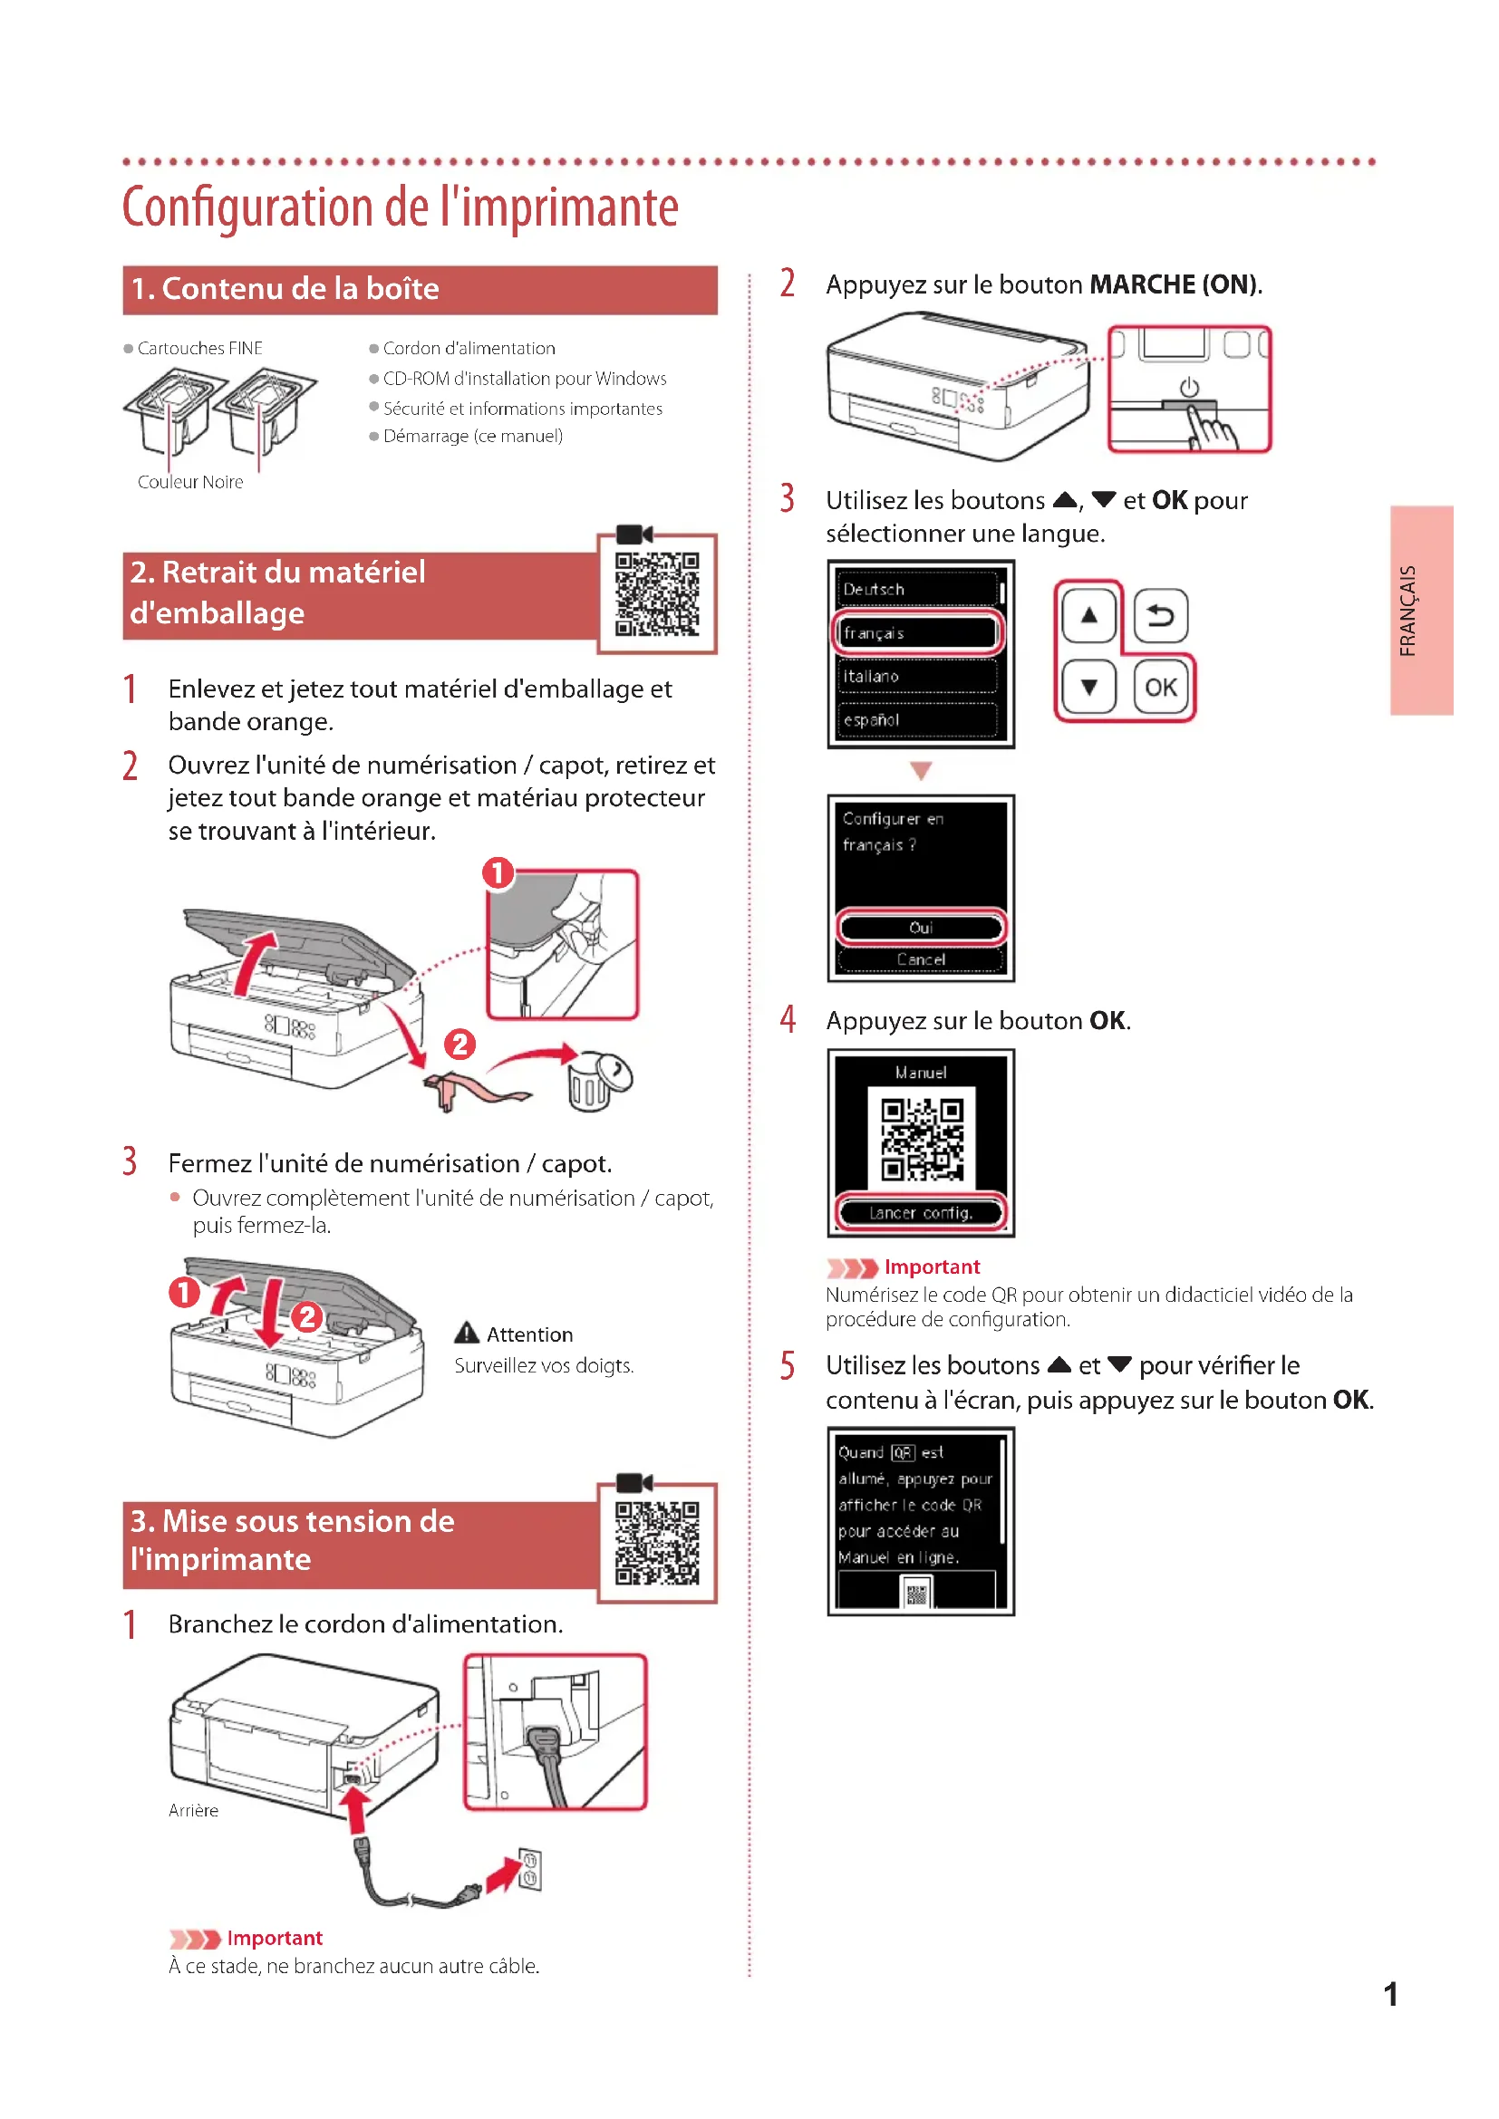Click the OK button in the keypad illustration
(1160, 688)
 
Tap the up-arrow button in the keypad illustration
(1089, 615)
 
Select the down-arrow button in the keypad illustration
(1089, 688)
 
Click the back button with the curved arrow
(1160, 615)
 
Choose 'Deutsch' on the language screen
(917, 589)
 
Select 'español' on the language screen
(917, 720)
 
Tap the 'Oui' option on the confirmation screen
(920, 928)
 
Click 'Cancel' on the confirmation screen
(920, 959)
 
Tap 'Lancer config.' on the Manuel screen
(920, 1213)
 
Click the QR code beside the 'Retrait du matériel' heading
(657, 594)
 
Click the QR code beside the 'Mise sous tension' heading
(657, 1542)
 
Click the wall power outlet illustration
(529, 1869)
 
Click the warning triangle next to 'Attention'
(467, 1333)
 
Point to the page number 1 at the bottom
(1390, 1994)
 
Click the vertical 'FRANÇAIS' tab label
(1407, 610)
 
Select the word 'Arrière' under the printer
(194, 1811)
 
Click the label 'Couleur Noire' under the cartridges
(190, 482)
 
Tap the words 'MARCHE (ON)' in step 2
(1173, 284)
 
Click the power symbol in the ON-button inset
(1189, 388)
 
